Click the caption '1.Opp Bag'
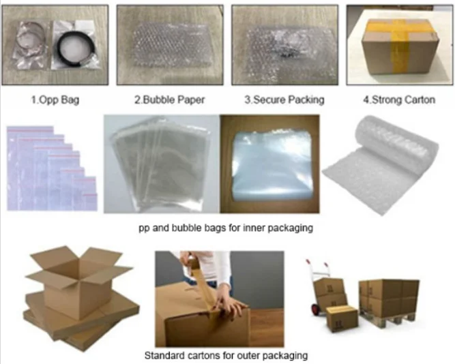(x=55, y=100)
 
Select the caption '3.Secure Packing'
(x=284, y=100)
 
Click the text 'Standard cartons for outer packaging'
(x=226, y=355)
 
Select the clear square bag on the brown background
(x=269, y=166)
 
